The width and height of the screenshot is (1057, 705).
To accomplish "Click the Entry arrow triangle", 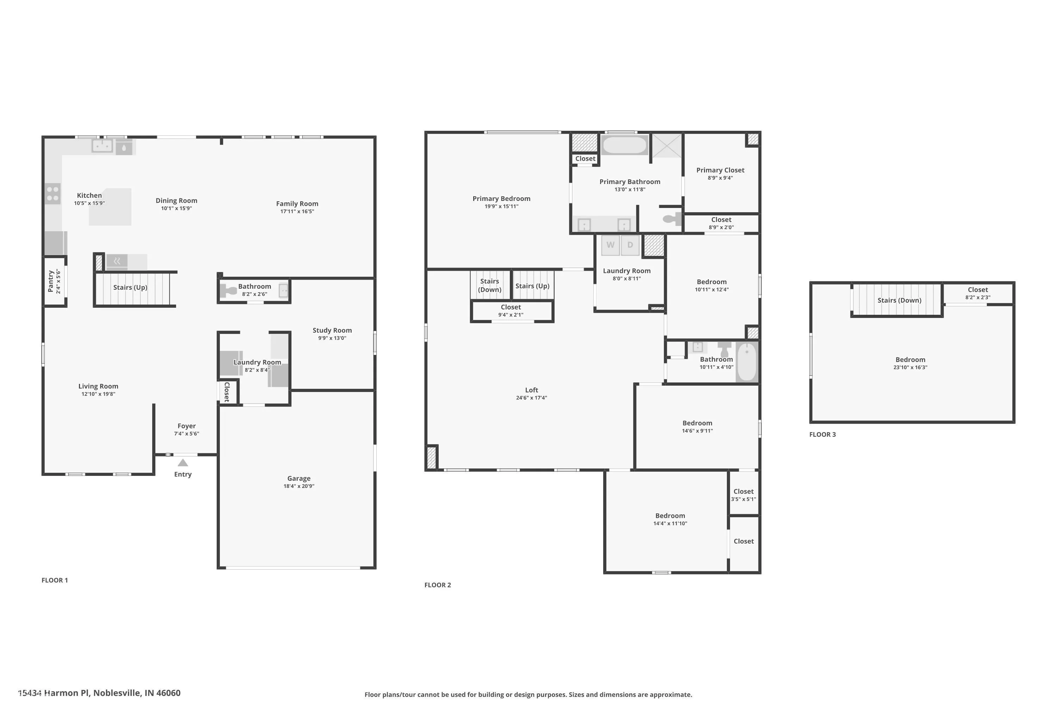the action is click(183, 462).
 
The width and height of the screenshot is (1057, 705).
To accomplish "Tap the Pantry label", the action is click(51, 281).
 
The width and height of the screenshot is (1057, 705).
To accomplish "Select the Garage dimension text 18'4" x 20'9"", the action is click(299, 486).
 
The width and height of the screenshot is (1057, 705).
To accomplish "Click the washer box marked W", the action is click(610, 245).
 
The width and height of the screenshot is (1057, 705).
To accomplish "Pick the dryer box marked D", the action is click(630, 245).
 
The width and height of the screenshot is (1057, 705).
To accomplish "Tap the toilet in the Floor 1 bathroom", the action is click(228, 291).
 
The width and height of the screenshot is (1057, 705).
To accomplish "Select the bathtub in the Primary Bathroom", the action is click(624, 145).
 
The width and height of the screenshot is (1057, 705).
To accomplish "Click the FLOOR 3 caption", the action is click(822, 434).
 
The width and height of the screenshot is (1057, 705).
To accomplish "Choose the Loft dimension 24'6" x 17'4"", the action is click(532, 398).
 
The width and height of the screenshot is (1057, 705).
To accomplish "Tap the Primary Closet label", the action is click(721, 170).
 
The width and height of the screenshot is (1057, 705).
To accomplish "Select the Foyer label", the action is click(186, 426).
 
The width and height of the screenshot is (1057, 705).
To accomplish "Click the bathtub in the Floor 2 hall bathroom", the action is click(747, 362).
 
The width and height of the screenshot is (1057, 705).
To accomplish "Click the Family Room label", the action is click(297, 204).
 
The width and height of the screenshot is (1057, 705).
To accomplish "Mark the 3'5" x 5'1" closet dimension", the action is click(743, 499).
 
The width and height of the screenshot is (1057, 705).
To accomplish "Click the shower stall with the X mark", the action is click(667, 145).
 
